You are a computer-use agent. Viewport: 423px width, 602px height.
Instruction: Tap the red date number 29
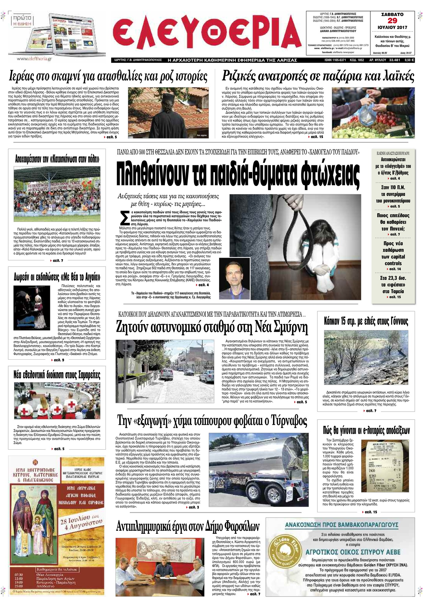[392, 21]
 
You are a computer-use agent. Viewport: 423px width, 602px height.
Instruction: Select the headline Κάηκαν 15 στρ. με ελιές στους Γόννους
[366, 321]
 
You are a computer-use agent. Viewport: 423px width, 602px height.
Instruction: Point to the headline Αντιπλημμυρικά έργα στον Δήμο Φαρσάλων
[188, 526]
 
